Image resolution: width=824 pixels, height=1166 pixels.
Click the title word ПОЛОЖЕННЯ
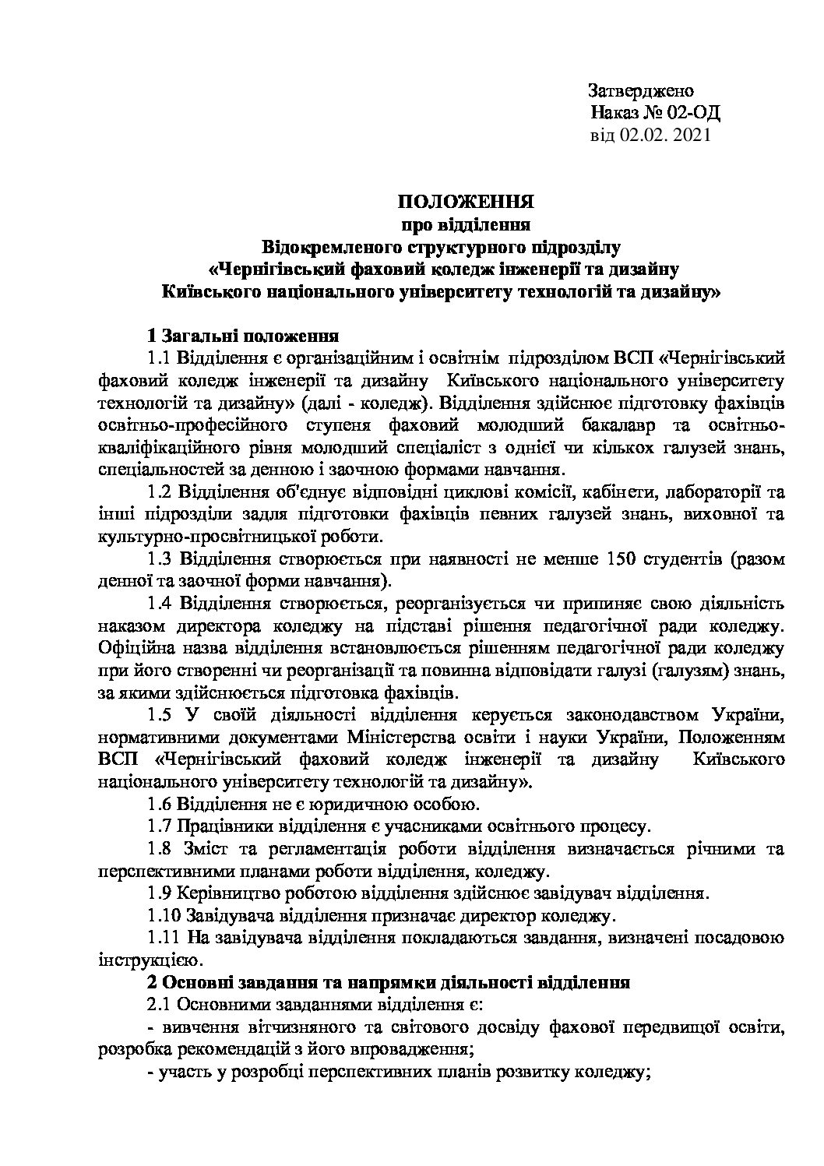[x=465, y=203]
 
